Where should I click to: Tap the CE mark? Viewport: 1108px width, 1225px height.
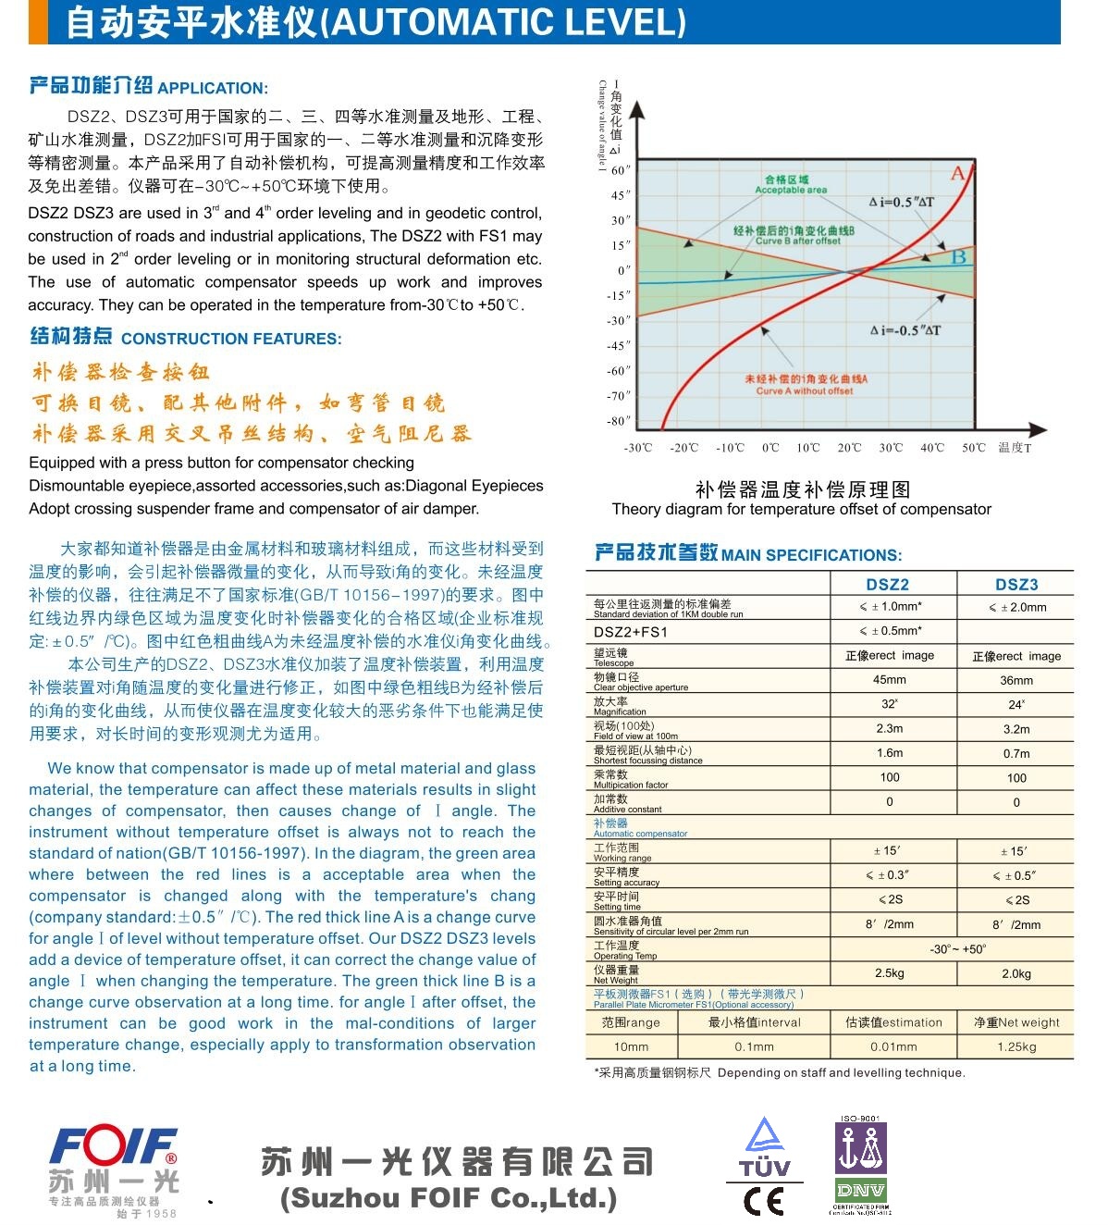pyautogui.click(x=764, y=1201)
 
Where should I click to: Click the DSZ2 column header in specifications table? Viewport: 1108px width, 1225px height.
pyautogui.click(x=887, y=584)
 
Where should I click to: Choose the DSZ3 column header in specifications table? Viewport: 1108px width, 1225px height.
pyautogui.click(x=1016, y=584)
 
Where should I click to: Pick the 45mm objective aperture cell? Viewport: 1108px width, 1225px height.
pyautogui.click(x=890, y=680)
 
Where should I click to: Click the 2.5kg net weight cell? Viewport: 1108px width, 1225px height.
pyautogui.click(x=890, y=973)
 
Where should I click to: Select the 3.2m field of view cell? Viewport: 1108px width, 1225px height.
pyautogui.click(x=1016, y=729)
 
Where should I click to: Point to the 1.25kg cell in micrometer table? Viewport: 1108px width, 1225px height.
pyautogui.click(x=1016, y=1046)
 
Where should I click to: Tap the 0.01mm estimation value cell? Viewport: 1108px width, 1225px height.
pyautogui.click(x=893, y=1046)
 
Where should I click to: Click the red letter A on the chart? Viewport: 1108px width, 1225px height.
pyautogui.click(x=958, y=174)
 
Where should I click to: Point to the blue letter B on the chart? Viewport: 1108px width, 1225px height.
pyautogui.click(x=959, y=256)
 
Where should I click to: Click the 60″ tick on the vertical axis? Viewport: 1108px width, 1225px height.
pyautogui.click(x=620, y=170)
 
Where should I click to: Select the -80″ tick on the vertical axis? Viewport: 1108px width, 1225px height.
pyautogui.click(x=618, y=421)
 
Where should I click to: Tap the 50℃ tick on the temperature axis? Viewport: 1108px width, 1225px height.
pyautogui.click(x=973, y=448)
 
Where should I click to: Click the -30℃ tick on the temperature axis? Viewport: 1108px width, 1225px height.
pyautogui.click(x=638, y=448)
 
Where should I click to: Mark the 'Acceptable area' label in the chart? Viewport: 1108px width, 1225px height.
pyautogui.click(x=791, y=190)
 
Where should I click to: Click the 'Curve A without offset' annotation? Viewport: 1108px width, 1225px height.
pyautogui.click(x=804, y=390)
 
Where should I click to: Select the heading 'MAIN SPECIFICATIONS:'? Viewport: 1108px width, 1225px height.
pyautogui.click(x=811, y=555)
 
